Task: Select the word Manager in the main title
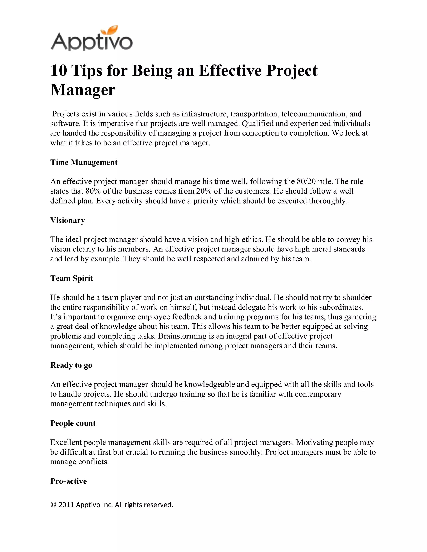coord(83,90)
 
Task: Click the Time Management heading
coord(84,162)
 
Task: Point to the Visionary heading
coord(68,220)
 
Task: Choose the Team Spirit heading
coord(72,278)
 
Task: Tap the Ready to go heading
coord(71,365)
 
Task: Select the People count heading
coord(73,423)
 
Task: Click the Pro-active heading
coord(68,481)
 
